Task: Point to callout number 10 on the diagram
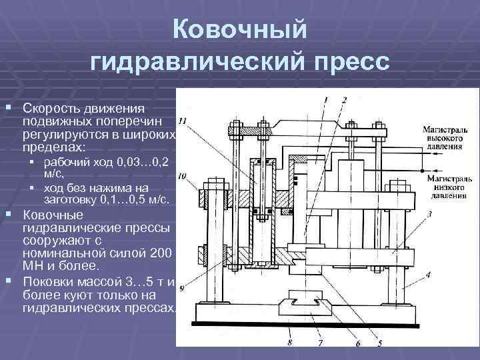(x=182, y=176)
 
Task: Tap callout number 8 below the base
(x=290, y=343)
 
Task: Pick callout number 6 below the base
(x=357, y=343)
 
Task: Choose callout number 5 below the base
(x=379, y=343)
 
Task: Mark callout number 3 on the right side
(x=430, y=214)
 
